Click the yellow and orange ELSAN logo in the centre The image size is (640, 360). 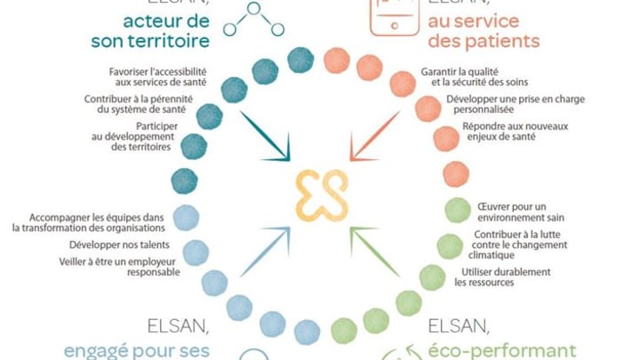320,192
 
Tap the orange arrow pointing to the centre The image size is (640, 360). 375,134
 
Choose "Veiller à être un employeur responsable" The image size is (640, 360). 122,265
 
